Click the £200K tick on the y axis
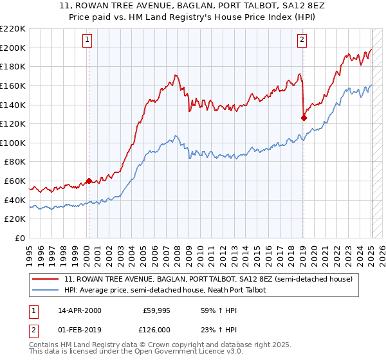coord(13,48)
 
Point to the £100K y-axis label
coord(13,143)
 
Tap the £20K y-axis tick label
coord(15,219)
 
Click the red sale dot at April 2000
coord(89,181)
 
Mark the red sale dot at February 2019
coord(304,118)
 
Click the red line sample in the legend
coord(47,280)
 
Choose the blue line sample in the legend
coord(47,291)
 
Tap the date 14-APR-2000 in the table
coord(80,310)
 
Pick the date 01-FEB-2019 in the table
coord(80,328)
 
